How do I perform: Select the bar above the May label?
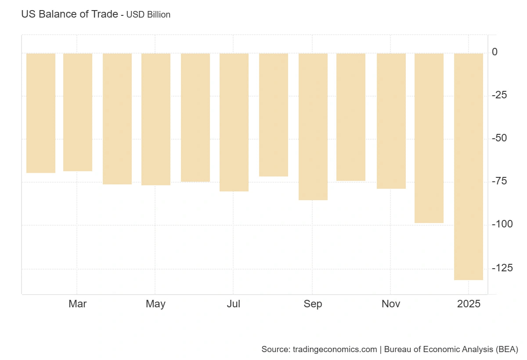pos(156,119)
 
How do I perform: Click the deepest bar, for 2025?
pos(469,166)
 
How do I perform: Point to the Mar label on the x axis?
pos(78,304)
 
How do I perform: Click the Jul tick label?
pos(234,304)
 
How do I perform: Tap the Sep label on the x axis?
pos(313,304)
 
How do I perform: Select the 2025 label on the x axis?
pos(469,304)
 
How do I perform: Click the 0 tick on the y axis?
pos(495,52)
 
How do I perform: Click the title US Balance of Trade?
pos(69,14)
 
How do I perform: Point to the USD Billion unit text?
pos(148,14)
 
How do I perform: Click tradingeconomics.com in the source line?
pos(334,349)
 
